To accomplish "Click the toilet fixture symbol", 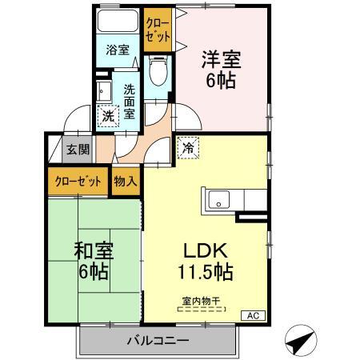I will click(x=157, y=71).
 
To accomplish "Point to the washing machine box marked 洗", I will click(x=108, y=116).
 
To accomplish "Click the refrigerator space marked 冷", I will click(x=189, y=148).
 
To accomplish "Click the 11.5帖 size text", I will click(x=205, y=272).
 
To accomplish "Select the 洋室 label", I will click(x=220, y=59).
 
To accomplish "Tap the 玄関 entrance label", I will click(x=78, y=148).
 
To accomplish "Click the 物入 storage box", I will click(x=125, y=181).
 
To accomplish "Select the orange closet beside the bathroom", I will click(x=158, y=30).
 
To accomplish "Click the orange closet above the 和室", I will click(x=78, y=181).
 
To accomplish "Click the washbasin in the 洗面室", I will click(x=103, y=89).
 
